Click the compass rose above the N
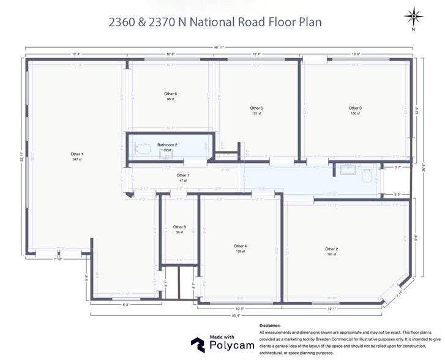(414, 15)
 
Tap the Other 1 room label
(77, 154)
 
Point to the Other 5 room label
(256, 108)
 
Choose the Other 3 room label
(356, 108)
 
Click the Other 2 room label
(331, 249)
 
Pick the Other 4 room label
(240, 246)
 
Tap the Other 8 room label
(179, 227)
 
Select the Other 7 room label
(183, 175)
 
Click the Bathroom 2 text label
(166, 145)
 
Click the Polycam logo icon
(197, 345)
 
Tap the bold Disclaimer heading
(270, 326)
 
